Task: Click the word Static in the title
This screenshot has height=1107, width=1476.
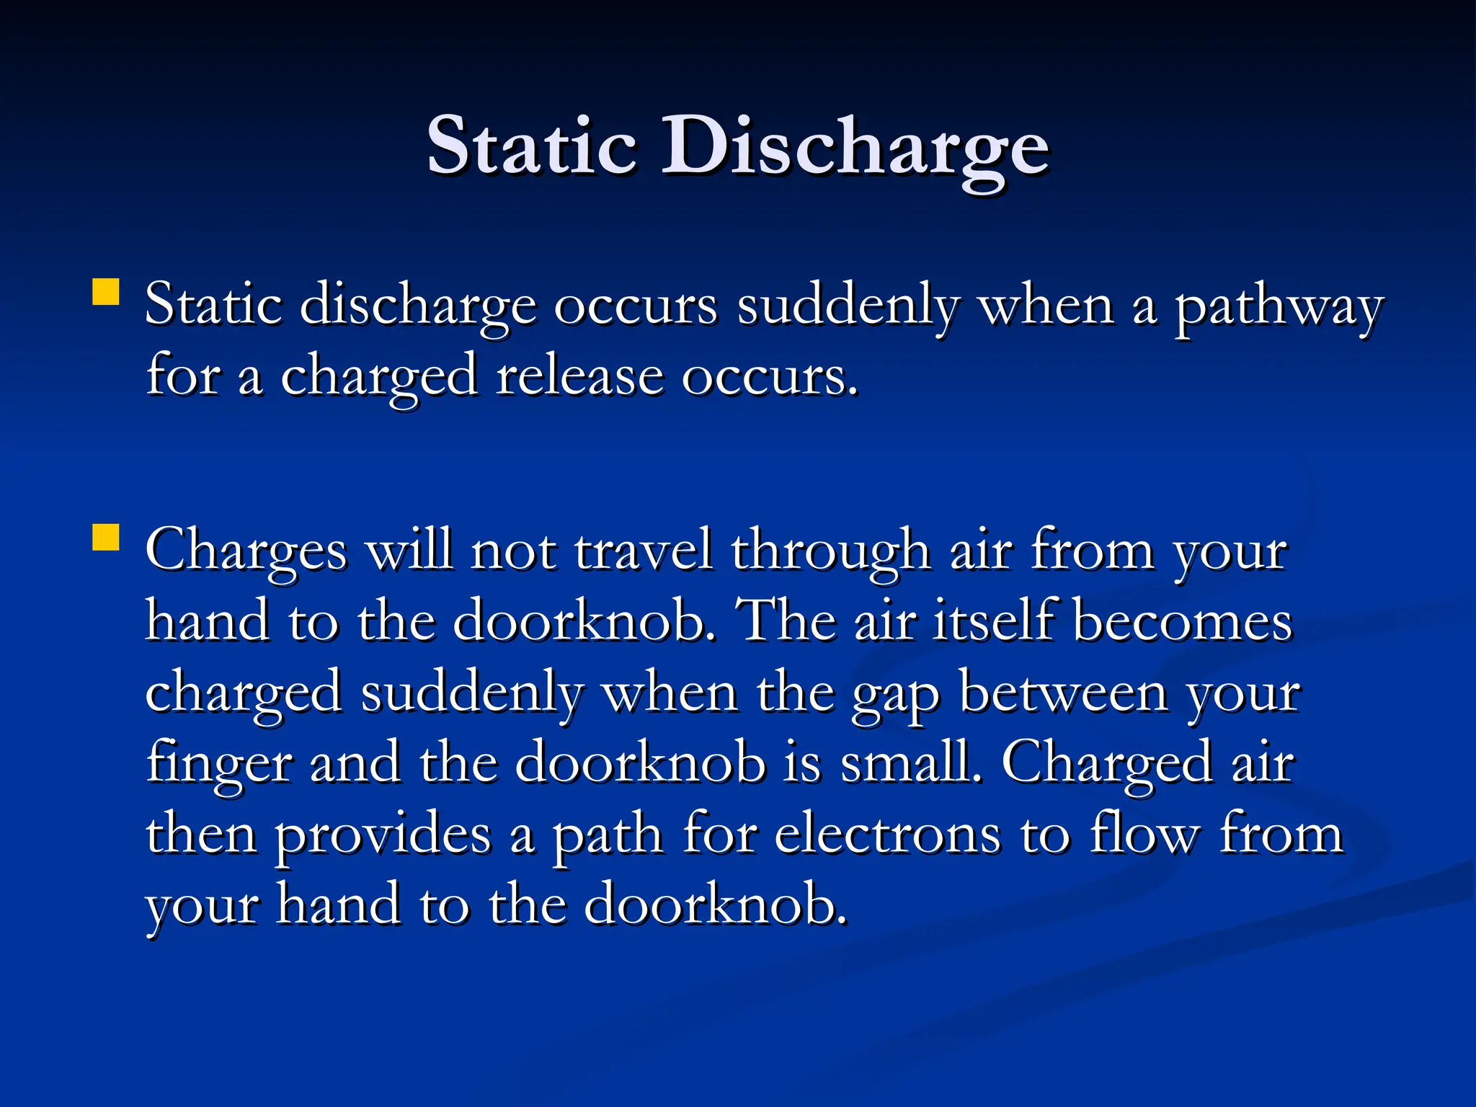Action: coord(531,146)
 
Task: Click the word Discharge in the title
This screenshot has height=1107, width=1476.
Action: coord(855,146)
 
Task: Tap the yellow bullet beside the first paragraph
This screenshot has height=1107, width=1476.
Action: coord(106,293)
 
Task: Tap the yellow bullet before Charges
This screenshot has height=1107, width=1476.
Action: coord(106,538)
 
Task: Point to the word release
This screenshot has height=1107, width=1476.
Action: coord(579,377)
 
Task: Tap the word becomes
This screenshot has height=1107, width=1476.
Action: coord(1183,621)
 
